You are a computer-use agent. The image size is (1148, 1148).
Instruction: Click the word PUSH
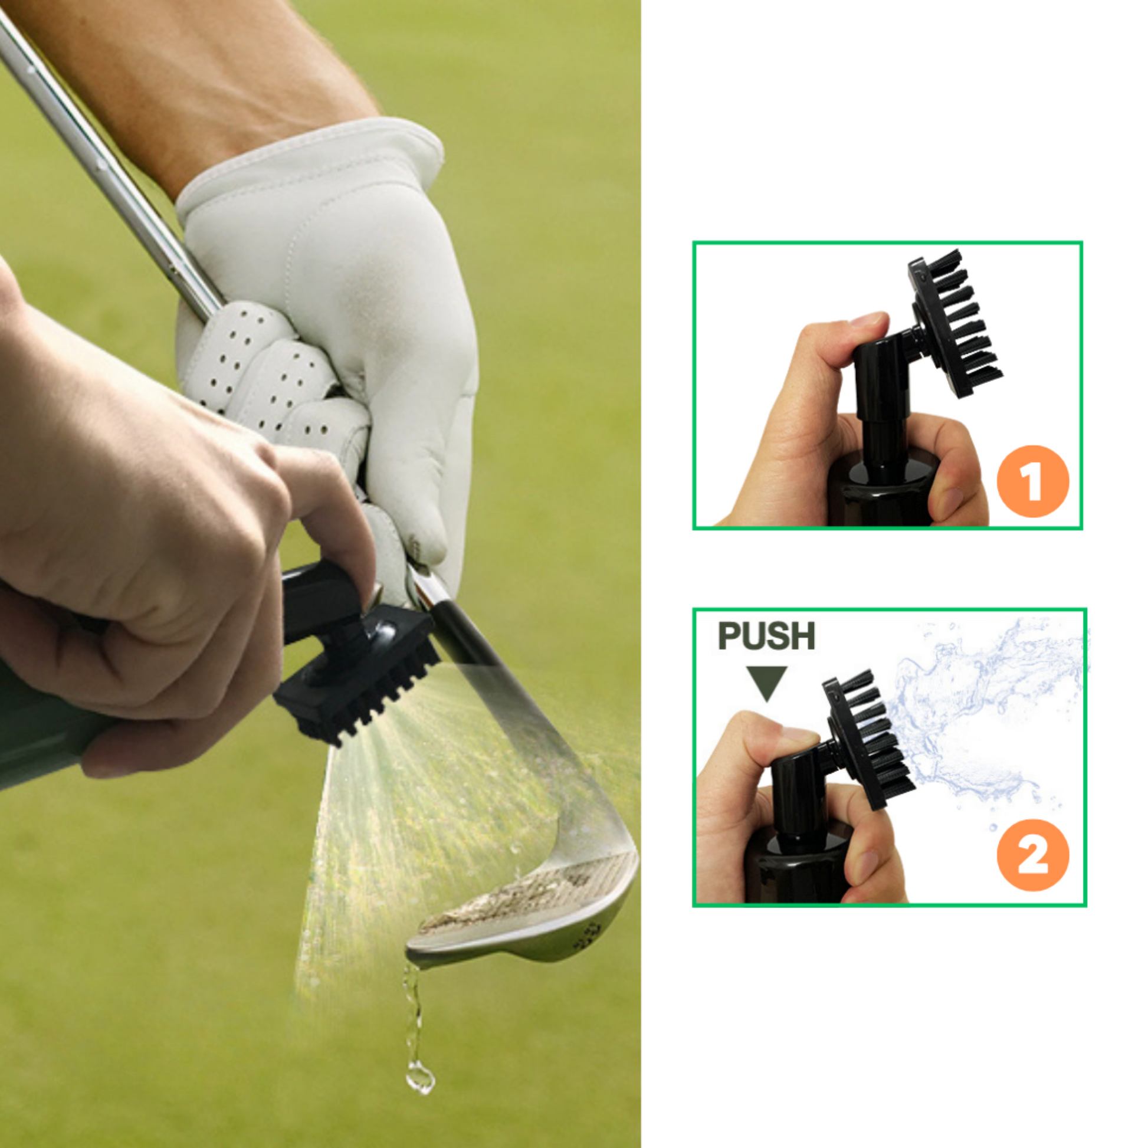click(766, 637)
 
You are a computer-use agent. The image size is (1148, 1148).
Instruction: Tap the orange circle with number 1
click(1033, 481)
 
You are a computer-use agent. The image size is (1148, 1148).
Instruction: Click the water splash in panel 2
click(986, 713)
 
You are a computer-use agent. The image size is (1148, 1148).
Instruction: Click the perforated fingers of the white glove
click(279, 368)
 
